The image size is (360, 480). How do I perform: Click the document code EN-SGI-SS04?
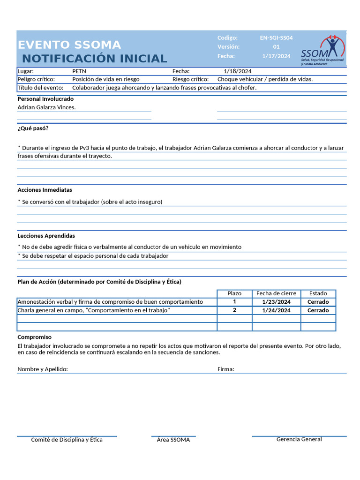coord(276,37)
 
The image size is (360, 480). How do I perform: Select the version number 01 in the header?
coord(276,46)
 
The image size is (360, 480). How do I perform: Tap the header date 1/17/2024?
coord(276,56)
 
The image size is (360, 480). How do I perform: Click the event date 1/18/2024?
coord(238,71)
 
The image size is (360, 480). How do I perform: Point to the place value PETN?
coord(79,71)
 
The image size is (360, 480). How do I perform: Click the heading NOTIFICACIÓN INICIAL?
coord(94,59)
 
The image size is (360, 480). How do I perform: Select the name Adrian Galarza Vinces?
coord(46,107)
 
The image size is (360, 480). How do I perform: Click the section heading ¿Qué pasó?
coord(33,128)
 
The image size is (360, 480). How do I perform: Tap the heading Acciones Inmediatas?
coord(45,190)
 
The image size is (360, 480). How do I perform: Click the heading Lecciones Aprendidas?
coord(46,236)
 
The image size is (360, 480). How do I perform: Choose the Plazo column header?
coord(234,293)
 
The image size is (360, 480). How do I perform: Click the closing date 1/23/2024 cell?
coord(276,302)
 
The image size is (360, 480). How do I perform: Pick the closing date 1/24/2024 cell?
coord(276,310)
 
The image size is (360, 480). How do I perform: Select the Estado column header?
coord(318,293)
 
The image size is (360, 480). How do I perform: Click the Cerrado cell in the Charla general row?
coord(318,310)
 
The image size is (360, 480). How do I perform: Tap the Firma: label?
coord(226,369)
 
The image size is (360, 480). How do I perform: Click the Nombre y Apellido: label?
coord(43,369)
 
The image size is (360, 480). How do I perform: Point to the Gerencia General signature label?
coord(299,439)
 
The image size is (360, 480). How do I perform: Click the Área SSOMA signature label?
coord(173,440)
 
